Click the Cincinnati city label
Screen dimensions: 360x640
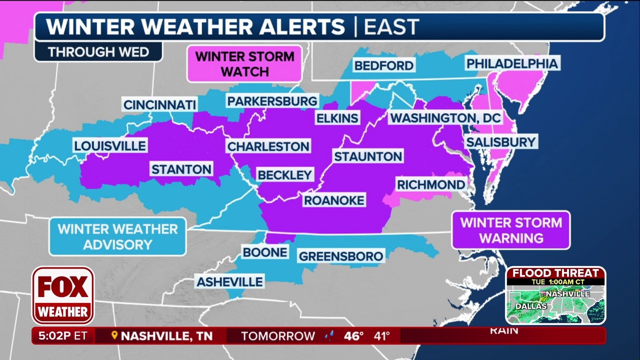160,105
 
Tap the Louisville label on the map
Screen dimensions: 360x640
110,146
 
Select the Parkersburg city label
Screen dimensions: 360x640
272,101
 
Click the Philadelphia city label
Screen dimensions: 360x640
511,63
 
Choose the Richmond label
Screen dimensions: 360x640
430,184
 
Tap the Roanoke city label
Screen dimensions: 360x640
334,200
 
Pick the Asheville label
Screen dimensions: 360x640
229,282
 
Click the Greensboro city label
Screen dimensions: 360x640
341,256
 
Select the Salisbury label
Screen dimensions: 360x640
501,142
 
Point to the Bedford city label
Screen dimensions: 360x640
383,65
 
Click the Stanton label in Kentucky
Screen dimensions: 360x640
181,169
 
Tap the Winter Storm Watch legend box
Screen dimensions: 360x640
244,64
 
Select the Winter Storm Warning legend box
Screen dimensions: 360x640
510,230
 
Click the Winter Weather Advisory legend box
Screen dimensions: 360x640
117,236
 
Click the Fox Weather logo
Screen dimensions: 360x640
63,295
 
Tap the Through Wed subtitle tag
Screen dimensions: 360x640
98,52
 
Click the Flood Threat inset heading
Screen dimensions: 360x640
555,273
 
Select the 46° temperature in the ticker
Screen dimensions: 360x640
353,336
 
